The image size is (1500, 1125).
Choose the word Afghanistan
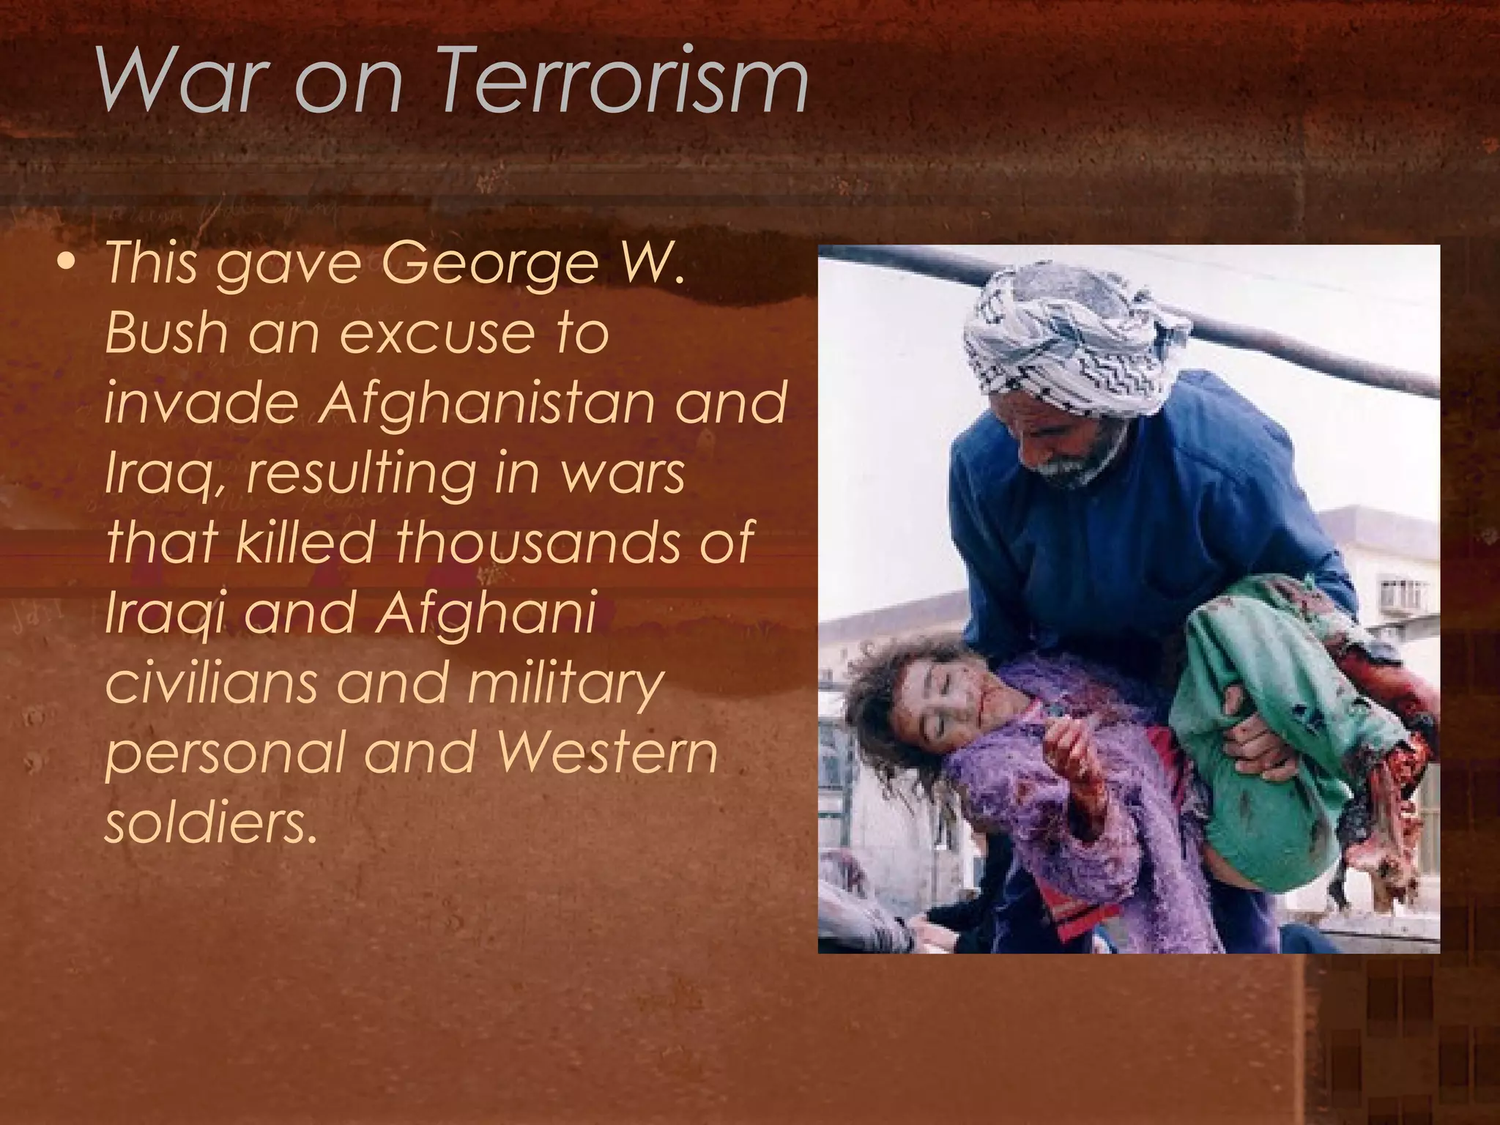pyautogui.click(x=490, y=403)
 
